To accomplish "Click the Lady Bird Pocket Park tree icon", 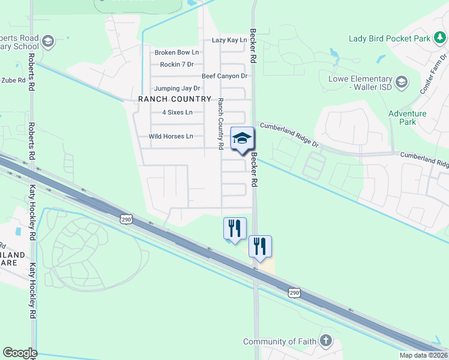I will [x=441, y=38].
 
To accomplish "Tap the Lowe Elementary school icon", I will [x=401, y=80].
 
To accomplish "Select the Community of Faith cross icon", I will [x=325, y=341].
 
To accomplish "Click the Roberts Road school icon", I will [x=48, y=41].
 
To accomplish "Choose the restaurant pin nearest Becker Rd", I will [x=260, y=247].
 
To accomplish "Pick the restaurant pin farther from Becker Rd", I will [x=235, y=229].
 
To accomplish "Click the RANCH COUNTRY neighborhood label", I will [x=175, y=99].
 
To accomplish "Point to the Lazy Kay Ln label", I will [x=229, y=40].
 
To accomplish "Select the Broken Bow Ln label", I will [x=176, y=53].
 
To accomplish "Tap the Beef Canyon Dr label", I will [x=224, y=76].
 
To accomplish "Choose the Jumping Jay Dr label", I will [x=177, y=88].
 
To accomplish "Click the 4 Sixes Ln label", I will [x=178, y=112].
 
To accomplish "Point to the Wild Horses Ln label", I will [x=171, y=136].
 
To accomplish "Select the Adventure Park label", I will [x=407, y=118].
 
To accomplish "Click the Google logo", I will [x=20, y=353].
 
